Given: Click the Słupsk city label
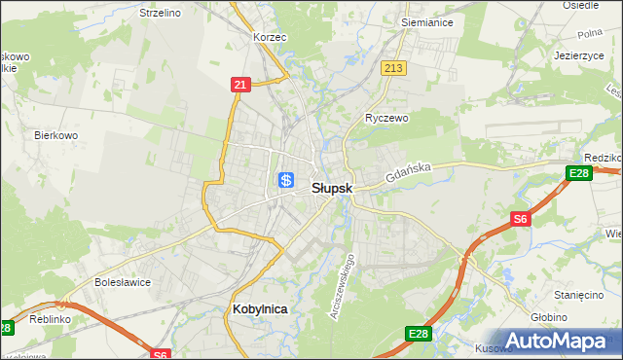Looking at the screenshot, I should pyautogui.click(x=332, y=189).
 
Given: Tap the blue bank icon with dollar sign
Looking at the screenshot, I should pyautogui.click(x=286, y=179).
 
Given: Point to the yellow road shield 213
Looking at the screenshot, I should pyautogui.click(x=393, y=68).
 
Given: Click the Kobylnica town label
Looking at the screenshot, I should pyautogui.click(x=261, y=308).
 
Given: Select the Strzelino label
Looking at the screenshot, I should pyautogui.click(x=161, y=13).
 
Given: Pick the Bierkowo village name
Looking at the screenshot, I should pyautogui.click(x=55, y=135).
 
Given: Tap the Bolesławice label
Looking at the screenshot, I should pyautogui.click(x=122, y=282).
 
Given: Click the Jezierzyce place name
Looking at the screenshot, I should pyautogui.click(x=580, y=55).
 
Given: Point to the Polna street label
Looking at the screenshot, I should pyautogui.click(x=589, y=32).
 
